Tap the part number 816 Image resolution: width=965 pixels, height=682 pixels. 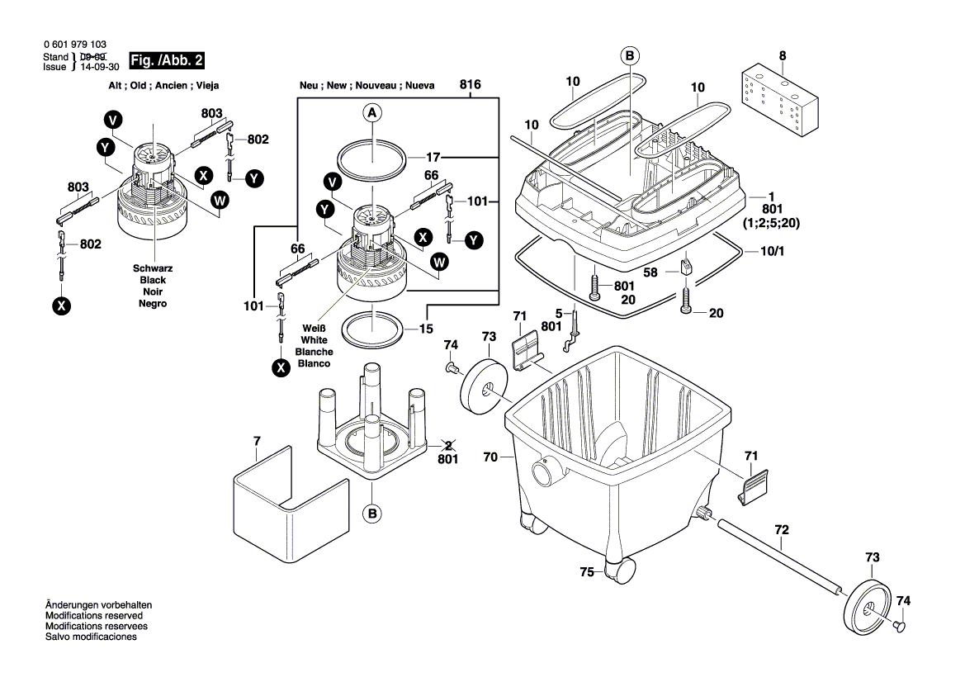click(x=471, y=85)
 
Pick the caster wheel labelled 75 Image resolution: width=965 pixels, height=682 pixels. click(x=620, y=570)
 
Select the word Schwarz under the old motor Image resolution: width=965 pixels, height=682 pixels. click(x=153, y=269)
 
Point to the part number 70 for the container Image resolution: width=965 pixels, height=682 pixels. click(x=491, y=455)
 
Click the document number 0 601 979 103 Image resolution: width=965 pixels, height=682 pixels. click(x=73, y=45)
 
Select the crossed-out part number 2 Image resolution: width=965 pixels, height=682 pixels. click(x=447, y=447)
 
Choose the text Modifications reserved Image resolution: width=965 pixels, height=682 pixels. click(x=93, y=616)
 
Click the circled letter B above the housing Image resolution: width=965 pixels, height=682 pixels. click(x=629, y=56)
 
